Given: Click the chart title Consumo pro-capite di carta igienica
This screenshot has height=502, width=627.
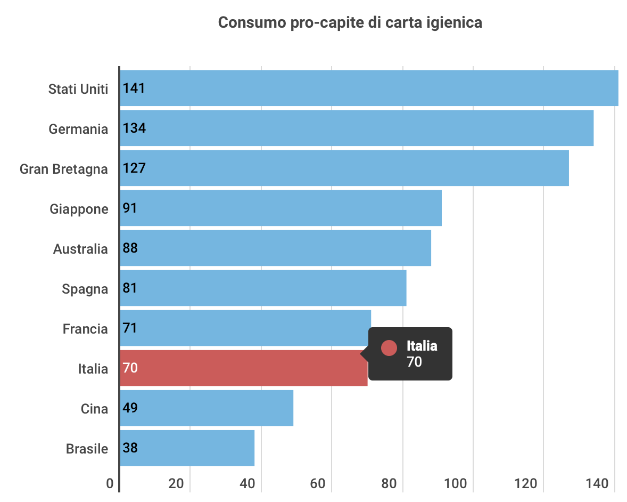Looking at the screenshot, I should [350, 23].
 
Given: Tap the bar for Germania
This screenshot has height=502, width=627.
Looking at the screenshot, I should [357, 128].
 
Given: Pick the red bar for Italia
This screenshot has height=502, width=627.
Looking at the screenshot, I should [243, 368].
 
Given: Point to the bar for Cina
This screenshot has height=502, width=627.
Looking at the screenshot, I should [207, 408].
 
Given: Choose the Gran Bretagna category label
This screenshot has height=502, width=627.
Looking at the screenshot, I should [64, 169].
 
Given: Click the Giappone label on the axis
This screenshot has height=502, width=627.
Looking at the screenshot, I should [79, 209].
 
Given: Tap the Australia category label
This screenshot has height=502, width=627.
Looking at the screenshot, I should [80, 249].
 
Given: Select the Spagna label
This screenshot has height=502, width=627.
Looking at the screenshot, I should [85, 289].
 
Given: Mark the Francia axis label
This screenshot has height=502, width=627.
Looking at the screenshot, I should [85, 329].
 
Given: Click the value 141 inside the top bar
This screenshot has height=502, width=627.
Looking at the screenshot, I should [134, 88].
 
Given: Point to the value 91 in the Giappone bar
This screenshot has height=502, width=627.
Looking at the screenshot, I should [130, 208].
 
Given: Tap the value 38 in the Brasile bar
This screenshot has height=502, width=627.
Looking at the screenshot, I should [130, 448].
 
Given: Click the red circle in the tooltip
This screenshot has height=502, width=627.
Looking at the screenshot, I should [390, 348].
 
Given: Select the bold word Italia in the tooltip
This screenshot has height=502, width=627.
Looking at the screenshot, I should [422, 346].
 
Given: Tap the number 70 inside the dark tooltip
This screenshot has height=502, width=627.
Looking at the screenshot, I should [414, 362].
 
